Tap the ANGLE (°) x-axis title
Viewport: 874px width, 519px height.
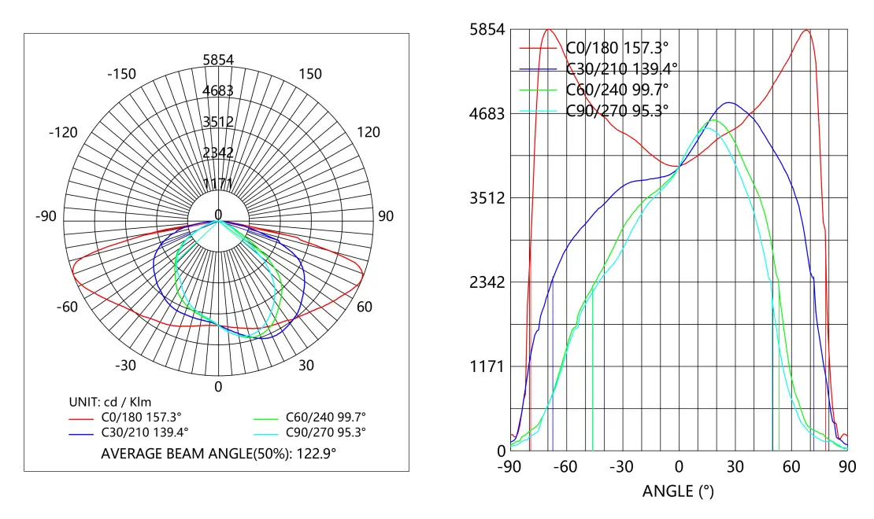(x=678, y=492)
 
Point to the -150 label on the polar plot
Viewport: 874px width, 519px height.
(x=121, y=74)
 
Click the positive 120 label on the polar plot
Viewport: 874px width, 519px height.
(x=368, y=132)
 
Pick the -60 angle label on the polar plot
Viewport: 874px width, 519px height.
(x=67, y=307)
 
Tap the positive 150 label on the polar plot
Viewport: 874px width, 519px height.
(x=309, y=74)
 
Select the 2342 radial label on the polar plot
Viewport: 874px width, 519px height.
(x=218, y=153)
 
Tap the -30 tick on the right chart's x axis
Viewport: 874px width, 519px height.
(x=622, y=466)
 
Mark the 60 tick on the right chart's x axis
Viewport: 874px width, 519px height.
(x=791, y=466)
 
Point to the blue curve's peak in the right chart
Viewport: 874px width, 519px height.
(x=728, y=102)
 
